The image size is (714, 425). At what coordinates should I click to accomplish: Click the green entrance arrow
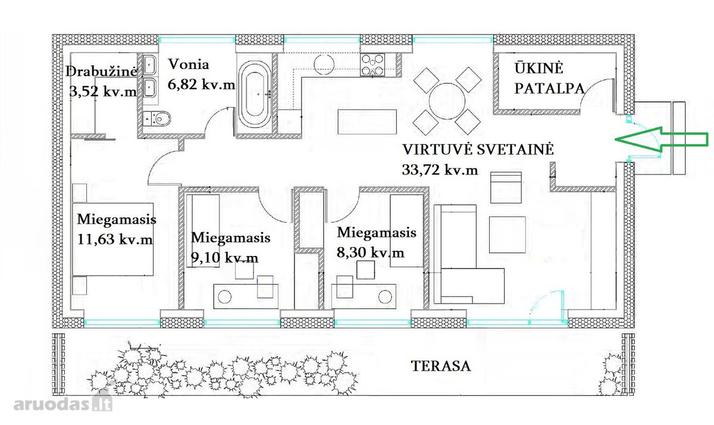[x=662, y=139]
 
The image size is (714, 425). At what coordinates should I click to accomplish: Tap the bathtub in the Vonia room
[x=255, y=95]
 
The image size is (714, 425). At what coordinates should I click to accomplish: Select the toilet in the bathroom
[x=157, y=118]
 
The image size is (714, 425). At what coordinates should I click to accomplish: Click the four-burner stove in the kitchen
[x=372, y=65]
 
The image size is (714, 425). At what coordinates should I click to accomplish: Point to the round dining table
[x=447, y=101]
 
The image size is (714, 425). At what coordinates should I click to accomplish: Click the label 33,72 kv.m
[x=440, y=170]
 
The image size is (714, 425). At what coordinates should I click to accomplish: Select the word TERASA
[x=441, y=366]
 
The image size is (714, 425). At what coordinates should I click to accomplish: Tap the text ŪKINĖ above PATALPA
[x=538, y=68]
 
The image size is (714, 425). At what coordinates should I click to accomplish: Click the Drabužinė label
[x=101, y=71]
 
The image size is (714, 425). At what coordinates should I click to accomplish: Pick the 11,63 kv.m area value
[x=115, y=239]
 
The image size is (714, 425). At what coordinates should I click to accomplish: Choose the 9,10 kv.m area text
[x=224, y=257]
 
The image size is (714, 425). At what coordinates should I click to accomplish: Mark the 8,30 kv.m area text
[x=370, y=253]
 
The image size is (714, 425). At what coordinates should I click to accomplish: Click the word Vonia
[x=189, y=64]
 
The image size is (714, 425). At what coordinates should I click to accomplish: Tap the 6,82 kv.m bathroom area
[x=202, y=85]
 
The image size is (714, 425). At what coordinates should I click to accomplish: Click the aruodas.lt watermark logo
[x=63, y=404]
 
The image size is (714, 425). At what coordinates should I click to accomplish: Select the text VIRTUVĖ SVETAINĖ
[x=478, y=149]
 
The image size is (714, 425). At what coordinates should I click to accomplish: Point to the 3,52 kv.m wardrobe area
[x=103, y=92]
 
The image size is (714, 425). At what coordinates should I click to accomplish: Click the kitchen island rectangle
[x=367, y=122]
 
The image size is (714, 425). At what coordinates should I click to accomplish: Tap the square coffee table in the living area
[x=507, y=235]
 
